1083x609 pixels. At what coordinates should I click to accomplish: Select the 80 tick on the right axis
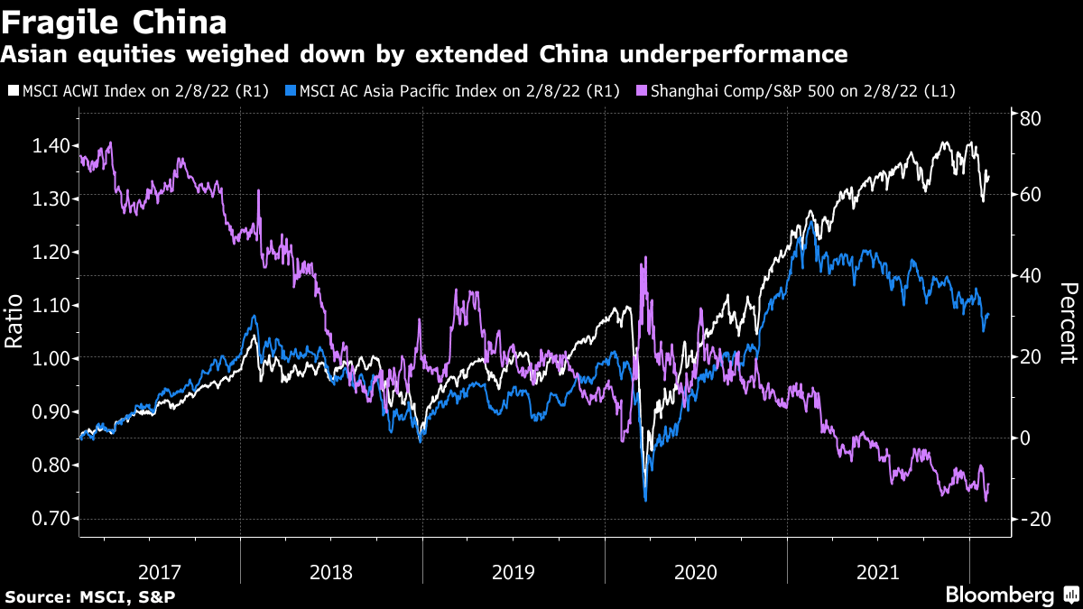point(1030,117)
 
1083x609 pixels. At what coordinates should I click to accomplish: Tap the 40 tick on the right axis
point(1030,275)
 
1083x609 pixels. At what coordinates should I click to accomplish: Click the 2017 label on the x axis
point(161,572)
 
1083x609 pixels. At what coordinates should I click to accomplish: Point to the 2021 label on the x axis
point(877,572)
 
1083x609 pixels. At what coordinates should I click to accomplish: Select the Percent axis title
point(1068,323)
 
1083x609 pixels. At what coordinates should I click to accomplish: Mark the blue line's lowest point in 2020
point(645,499)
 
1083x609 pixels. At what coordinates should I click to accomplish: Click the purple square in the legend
point(641,90)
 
